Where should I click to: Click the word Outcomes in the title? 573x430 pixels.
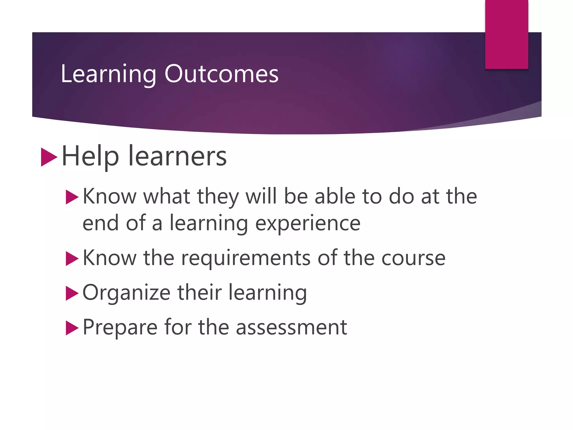tap(221, 74)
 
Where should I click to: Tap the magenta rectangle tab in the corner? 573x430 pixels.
tap(506, 34)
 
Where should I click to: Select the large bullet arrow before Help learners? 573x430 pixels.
tap(49, 157)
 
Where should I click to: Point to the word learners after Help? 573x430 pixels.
tap(177, 156)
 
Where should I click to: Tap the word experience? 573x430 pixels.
tap(308, 223)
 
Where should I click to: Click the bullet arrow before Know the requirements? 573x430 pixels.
tap(72, 258)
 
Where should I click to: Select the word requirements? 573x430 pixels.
tap(246, 258)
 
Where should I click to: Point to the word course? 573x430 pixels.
tap(413, 258)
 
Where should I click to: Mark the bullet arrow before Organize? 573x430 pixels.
tap(72, 293)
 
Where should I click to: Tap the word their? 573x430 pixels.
tap(199, 292)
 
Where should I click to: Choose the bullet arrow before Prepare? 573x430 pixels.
tap(72, 328)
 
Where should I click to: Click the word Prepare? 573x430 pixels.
tap(120, 327)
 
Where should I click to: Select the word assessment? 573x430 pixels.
tap(291, 327)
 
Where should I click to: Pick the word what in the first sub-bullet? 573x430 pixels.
tap(167, 196)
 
